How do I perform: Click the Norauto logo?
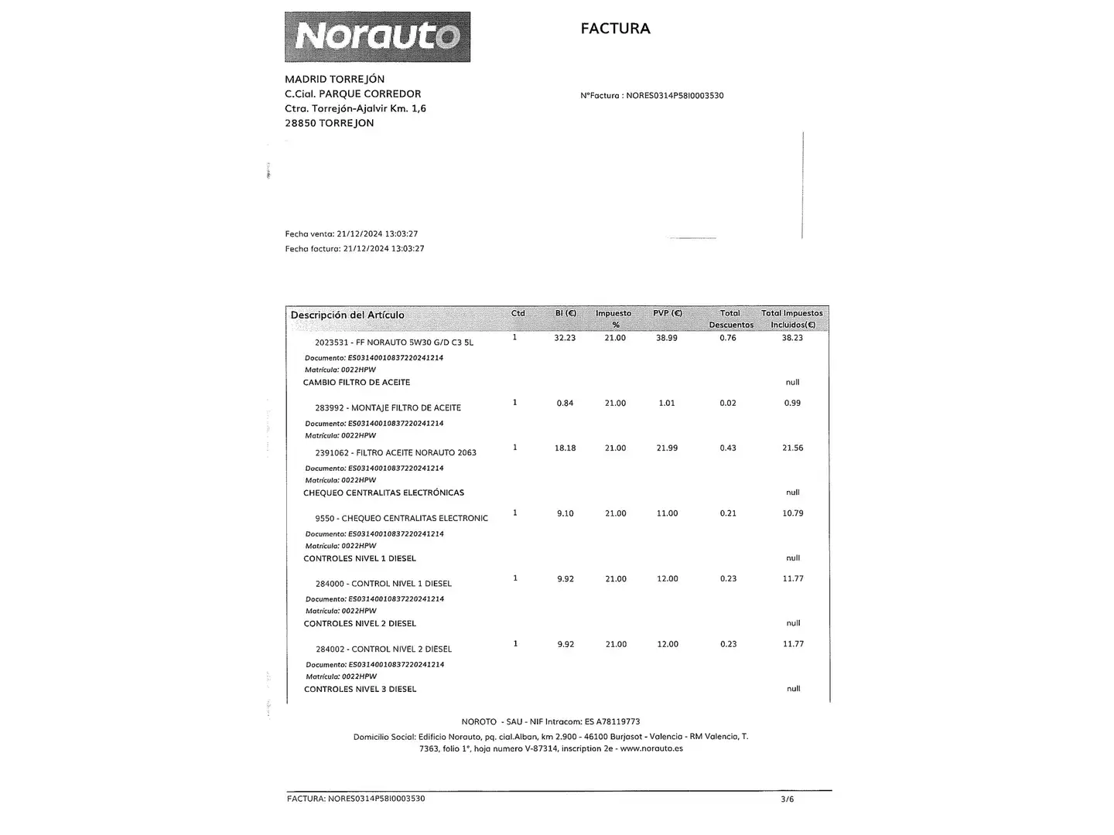pos(378,36)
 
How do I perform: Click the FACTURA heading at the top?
pos(615,29)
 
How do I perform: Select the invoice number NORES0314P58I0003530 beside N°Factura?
pos(675,96)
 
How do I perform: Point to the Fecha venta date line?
pos(351,233)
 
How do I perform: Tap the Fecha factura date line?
pos(354,249)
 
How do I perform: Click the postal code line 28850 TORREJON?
pos(329,123)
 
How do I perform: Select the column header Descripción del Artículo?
pos(347,315)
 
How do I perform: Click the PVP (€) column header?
pos(667,313)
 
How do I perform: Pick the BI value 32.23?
pos(565,338)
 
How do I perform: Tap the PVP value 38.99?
pos(667,338)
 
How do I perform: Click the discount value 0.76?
pos(728,338)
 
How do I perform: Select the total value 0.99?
pos(792,403)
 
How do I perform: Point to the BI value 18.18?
pos(565,448)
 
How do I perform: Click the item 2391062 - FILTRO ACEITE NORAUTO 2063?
pos(395,453)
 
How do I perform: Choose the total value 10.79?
pos(792,513)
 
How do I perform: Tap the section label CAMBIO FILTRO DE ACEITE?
pos(357,383)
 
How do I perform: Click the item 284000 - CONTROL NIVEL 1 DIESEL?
pos(383,584)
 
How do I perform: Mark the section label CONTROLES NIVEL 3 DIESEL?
pos(360,689)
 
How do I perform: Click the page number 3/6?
pos(787,799)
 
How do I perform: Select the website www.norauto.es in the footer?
pos(651,748)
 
